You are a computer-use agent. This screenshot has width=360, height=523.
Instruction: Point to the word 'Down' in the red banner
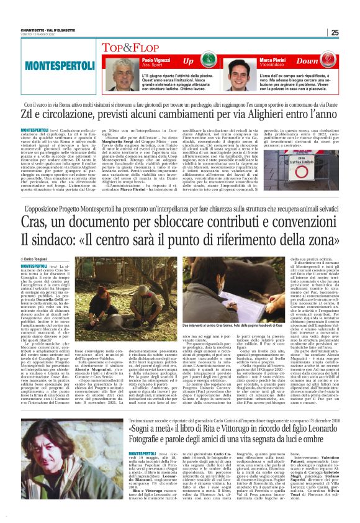325,61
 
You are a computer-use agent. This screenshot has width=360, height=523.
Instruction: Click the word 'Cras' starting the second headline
36,221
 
